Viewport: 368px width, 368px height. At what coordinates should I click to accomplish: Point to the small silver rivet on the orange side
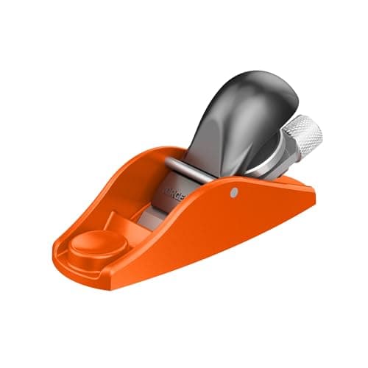click(233, 192)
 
